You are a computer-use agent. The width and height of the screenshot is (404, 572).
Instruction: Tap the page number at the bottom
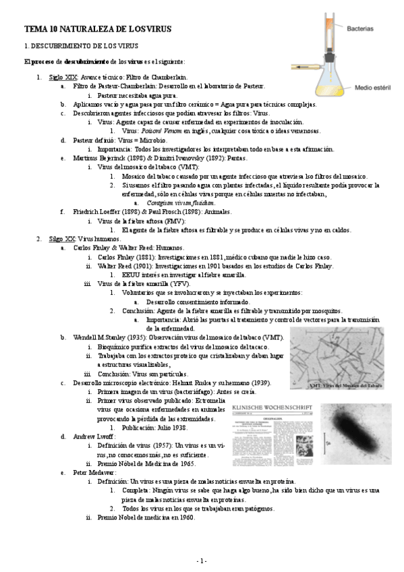point(202,561)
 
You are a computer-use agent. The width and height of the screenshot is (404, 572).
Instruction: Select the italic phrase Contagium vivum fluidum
point(174,202)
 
